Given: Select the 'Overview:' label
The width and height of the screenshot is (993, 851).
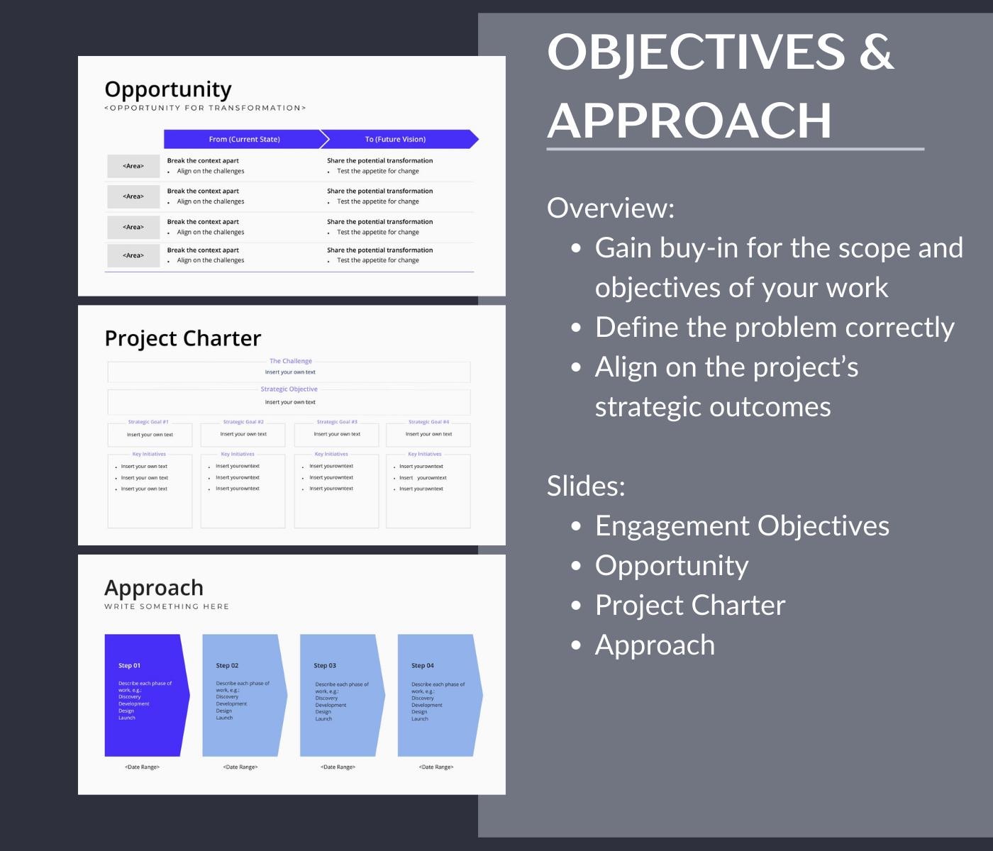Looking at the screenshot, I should click(x=611, y=208).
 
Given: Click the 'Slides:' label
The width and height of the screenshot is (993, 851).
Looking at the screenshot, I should click(x=586, y=486).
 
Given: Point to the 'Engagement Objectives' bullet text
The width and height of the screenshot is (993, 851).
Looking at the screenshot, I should click(x=742, y=525).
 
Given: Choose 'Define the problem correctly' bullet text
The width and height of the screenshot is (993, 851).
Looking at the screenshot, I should click(x=775, y=327).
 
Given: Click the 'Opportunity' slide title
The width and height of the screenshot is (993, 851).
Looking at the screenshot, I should click(x=168, y=89).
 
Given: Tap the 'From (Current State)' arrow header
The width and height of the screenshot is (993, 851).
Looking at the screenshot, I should click(x=244, y=139).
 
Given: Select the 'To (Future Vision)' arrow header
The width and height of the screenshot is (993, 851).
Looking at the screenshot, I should click(x=395, y=139).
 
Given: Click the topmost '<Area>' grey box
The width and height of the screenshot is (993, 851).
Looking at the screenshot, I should click(x=133, y=166).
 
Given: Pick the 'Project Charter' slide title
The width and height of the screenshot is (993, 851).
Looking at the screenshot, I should click(x=183, y=338).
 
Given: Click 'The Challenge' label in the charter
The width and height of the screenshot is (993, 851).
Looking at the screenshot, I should click(x=290, y=361).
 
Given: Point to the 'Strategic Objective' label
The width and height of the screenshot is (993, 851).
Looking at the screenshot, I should click(x=289, y=389).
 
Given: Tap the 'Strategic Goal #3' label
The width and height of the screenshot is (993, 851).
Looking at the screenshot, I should click(x=337, y=422).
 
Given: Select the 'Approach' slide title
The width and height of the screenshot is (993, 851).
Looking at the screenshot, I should click(x=154, y=588).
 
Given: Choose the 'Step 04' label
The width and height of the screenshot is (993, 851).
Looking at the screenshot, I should click(x=422, y=665).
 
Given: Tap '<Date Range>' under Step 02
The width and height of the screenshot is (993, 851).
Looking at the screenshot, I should click(x=240, y=767).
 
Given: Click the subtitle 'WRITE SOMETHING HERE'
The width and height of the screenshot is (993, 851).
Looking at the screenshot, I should click(x=167, y=606).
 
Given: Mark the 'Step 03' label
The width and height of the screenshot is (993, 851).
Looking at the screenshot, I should click(x=325, y=665).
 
